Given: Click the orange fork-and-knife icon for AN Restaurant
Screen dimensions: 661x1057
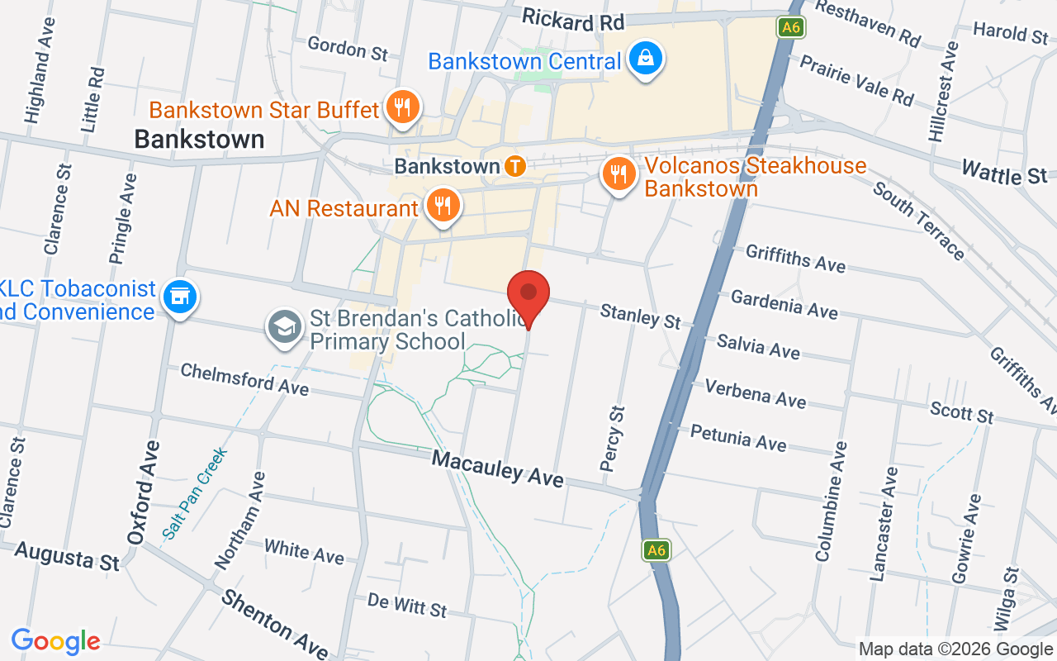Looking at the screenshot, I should pos(443,206).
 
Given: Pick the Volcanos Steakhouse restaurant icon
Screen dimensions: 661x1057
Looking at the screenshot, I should pos(618,175).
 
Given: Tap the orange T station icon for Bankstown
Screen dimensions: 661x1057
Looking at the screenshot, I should pos(515,166).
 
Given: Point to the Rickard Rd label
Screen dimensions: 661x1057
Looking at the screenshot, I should pos(573,20).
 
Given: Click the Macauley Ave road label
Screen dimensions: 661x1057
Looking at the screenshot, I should pos(498,468).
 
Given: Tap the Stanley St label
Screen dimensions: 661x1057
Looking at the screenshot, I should pos(641,315).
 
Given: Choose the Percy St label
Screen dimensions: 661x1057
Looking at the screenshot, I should pos(613,438).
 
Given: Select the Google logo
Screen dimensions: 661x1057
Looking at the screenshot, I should pos(55,641).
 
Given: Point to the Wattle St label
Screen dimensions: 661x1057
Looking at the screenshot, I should pos(1004,174).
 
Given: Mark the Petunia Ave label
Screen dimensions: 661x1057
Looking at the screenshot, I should pos(738,437).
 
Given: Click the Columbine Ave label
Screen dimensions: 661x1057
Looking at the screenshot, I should pos(832,502).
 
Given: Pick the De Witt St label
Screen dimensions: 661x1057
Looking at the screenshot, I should pos(407,605).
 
